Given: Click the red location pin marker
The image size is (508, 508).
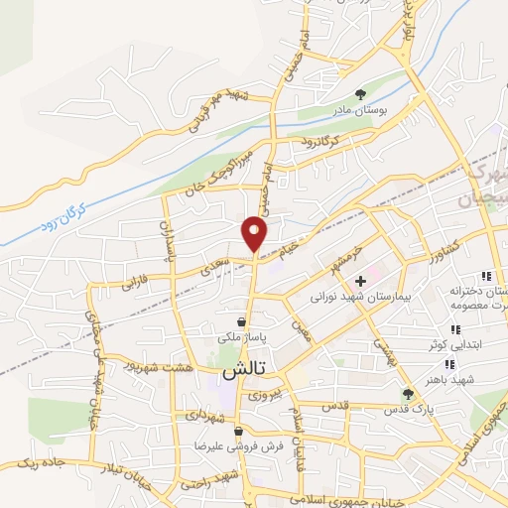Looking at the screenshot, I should coord(255,232).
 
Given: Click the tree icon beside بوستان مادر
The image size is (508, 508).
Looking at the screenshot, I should coord(372,94).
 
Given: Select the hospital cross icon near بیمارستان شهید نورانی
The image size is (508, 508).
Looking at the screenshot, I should coord(359,282).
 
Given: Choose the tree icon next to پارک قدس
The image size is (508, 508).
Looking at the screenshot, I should coord(436,394).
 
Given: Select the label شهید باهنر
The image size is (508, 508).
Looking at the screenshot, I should coord(477,378).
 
